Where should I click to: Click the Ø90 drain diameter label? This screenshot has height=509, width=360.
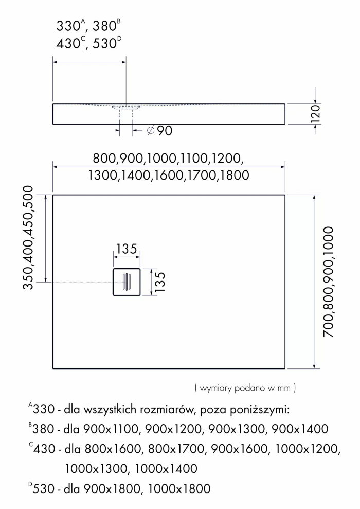pyautogui.click(x=159, y=131)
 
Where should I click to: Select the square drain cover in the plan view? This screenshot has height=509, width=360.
pyautogui.click(x=127, y=282)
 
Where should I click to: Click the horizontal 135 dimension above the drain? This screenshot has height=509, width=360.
pyautogui.click(x=126, y=249)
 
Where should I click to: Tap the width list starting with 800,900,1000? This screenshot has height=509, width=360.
pyautogui.click(x=168, y=158)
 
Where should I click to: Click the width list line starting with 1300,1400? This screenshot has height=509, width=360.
pyautogui.click(x=169, y=175)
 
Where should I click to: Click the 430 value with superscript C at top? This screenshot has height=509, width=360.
pyautogui.click(x=68, y=44)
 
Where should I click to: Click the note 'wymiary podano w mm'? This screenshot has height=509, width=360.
pyautogui.click(x=245, y=386)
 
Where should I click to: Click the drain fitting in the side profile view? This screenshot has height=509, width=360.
pyautogui.click(x=126, y=107)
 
